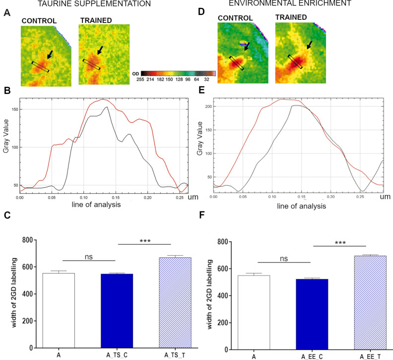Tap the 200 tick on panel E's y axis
[200, 106]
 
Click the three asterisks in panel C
[145, 241]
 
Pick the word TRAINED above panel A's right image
[97, 20]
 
